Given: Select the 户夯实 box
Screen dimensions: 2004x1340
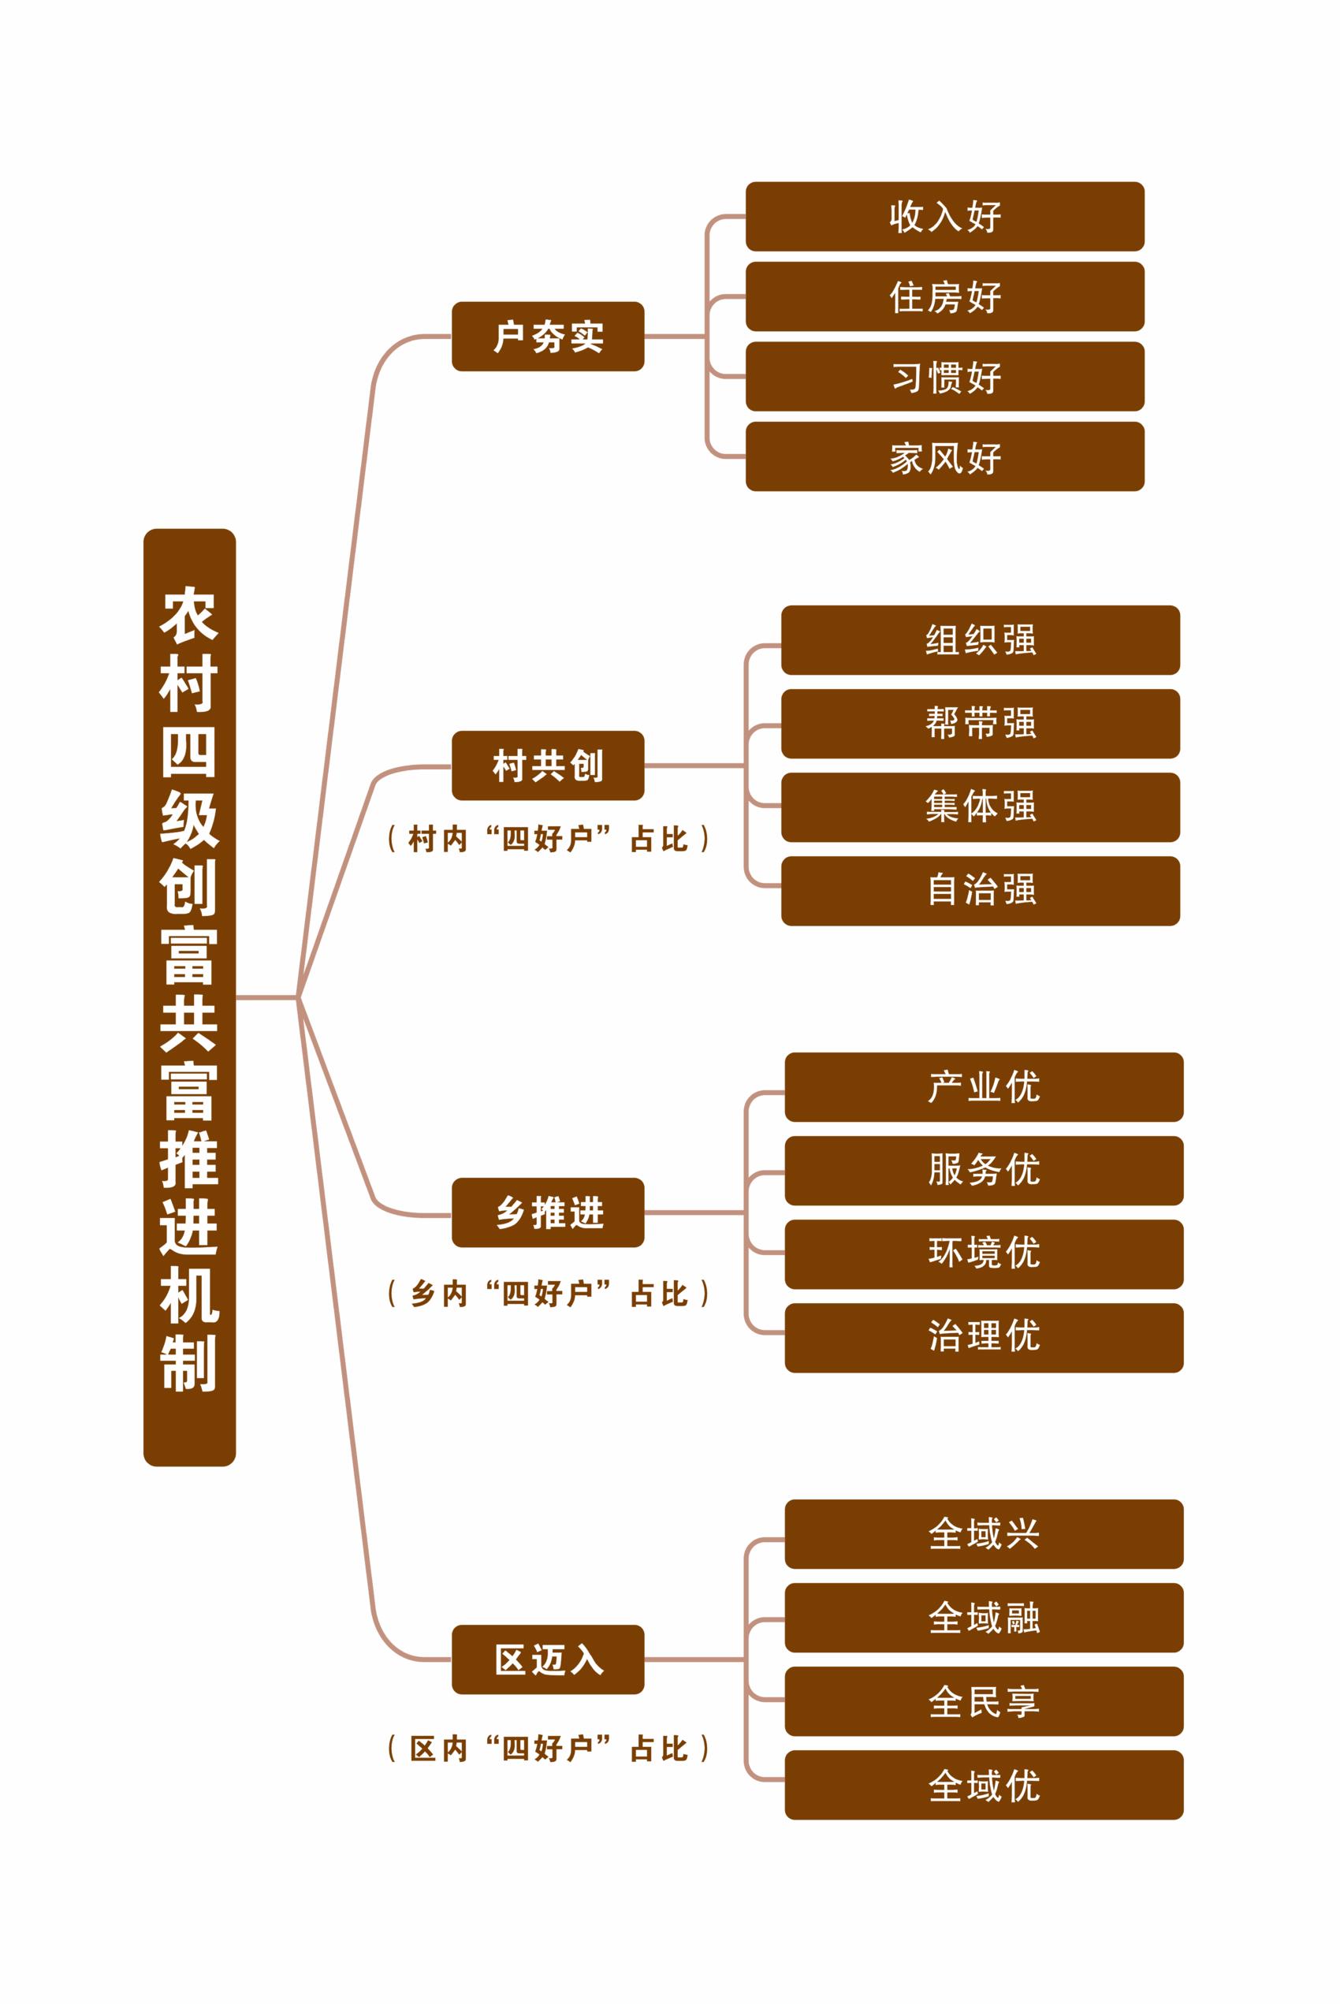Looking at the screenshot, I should click(x=548, y=336).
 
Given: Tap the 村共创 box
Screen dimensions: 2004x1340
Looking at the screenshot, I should click(x=548, y=765).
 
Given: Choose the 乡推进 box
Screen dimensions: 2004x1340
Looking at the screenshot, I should click(x=548, y=1212).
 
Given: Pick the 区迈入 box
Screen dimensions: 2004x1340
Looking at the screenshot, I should click(x=548, y=1659).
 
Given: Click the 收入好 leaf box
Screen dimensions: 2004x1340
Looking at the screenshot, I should click(x=944, y=216).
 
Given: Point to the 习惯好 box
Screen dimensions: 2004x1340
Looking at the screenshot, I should click(x=944, y=376).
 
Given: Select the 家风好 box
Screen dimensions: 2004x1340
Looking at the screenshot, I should click(x=944, y=456).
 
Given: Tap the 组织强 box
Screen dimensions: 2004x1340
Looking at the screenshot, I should click(x=981, y=640).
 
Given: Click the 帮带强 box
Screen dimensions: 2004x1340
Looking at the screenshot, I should click(x=981, y=723).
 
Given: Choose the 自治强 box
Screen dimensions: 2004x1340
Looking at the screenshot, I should click(x=981, y=891).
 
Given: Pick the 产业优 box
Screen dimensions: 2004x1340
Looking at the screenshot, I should click(x=984, y=1087).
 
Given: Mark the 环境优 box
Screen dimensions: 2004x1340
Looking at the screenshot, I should click(x=984, y=1253).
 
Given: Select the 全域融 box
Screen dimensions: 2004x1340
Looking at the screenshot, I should click(x=984, y=1618).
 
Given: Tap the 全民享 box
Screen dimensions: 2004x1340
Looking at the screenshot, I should click(x=984, y=1700).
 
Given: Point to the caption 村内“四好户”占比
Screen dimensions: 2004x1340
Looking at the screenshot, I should click(x=548, y=839).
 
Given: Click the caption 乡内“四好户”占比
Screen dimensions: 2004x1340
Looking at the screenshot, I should click(x=548, y=1294).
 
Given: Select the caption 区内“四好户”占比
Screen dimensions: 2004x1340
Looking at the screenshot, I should click(x=548, y=1749).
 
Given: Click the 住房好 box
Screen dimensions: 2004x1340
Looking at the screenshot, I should click(x=944, y=296).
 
